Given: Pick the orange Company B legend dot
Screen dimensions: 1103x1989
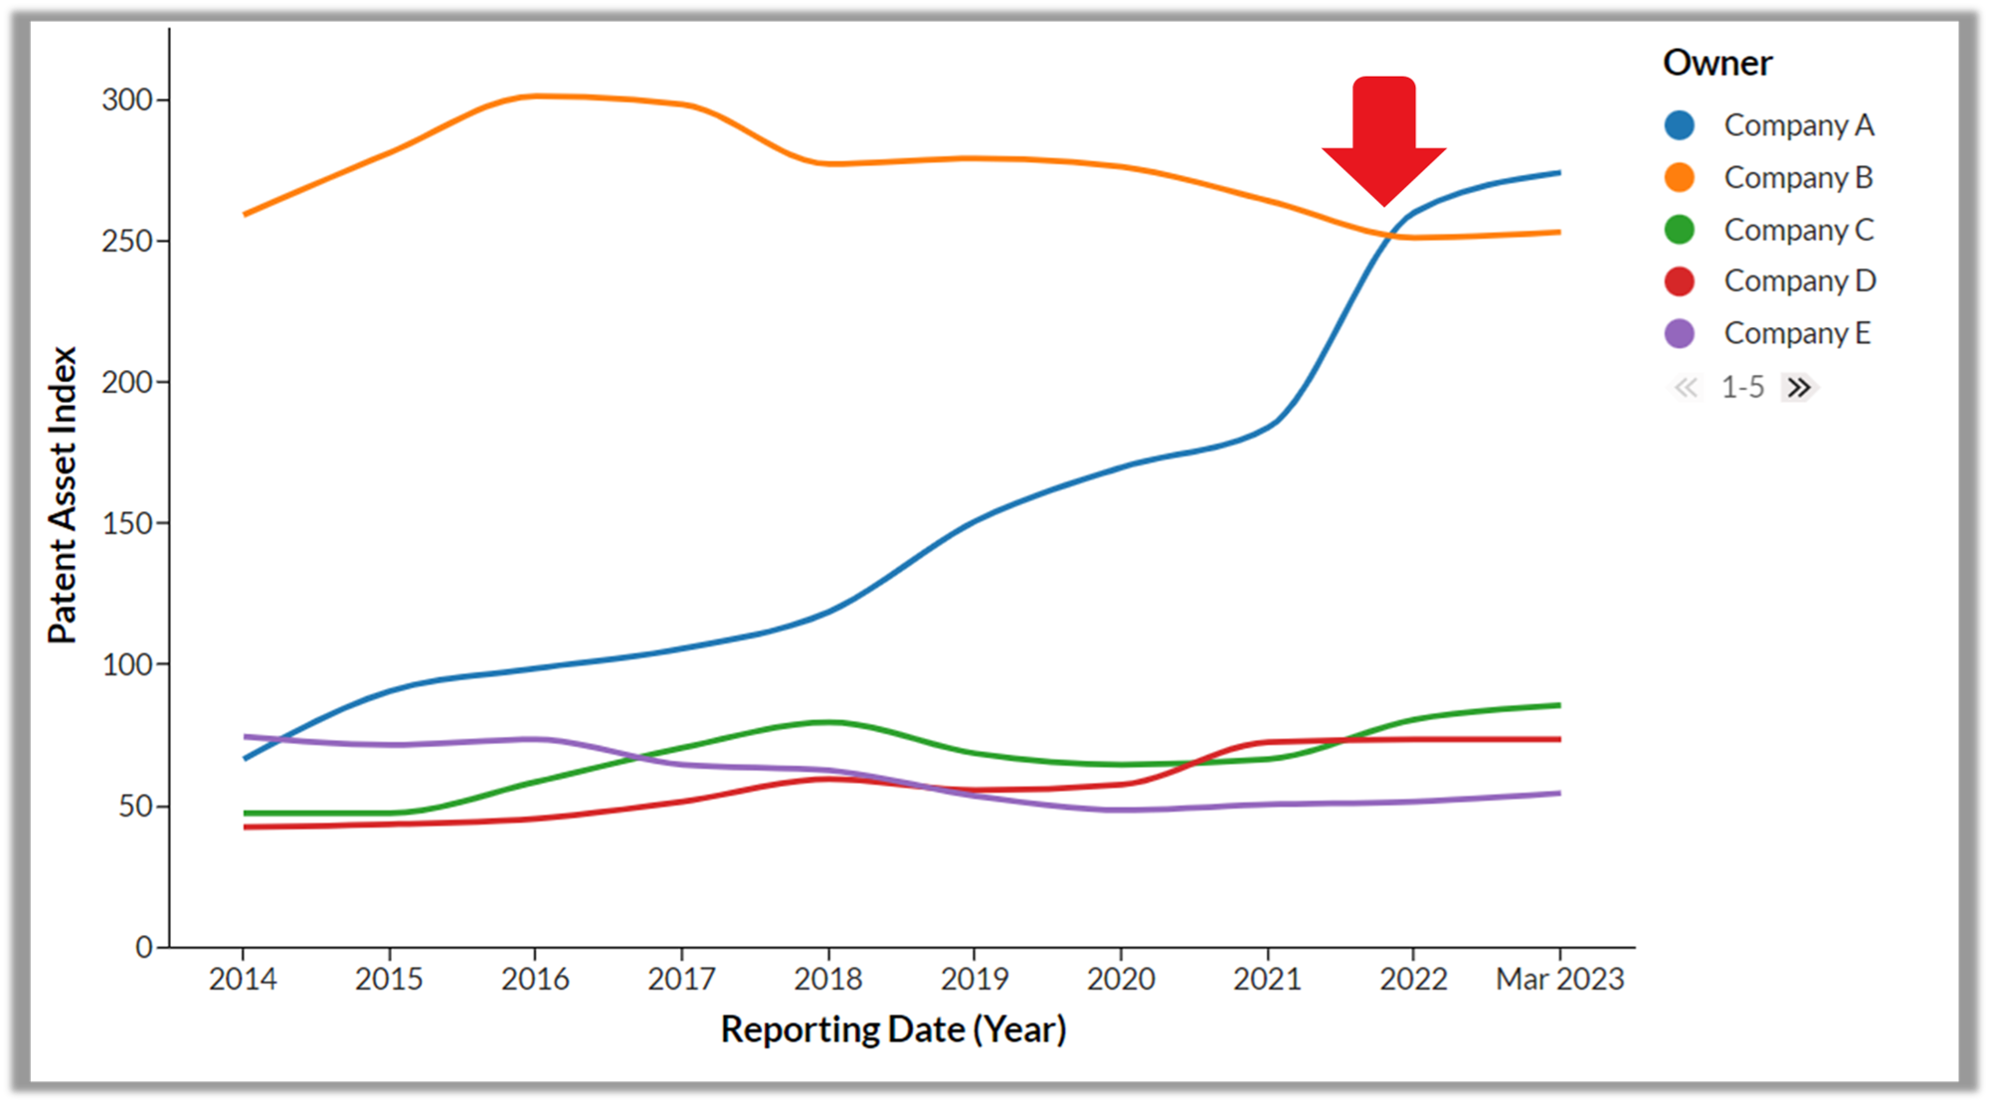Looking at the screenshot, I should [x=1680, y=178].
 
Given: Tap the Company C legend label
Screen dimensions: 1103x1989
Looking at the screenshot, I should [x=1798, y=230].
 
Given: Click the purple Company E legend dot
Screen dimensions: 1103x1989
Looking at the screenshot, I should [x=1680, y=333].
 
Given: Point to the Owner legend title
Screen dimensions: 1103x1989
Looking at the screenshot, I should [x=1717, y=63].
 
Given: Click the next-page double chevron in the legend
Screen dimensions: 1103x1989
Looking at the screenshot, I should [x=1799, y=387].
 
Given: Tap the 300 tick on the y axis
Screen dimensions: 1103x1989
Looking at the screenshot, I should [x=127, y=99].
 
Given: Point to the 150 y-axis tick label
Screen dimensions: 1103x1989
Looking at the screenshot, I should [x=127, y=523].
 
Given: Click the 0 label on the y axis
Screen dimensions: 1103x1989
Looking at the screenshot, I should [x=144, y=947].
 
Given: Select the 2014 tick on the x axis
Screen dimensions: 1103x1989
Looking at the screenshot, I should [x=243, y=979].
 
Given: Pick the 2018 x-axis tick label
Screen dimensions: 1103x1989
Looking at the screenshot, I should [x=828, y=979].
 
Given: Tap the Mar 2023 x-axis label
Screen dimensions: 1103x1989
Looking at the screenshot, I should [x=1559, y=979].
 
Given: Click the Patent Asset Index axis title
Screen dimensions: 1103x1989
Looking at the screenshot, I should [x=62, y=495].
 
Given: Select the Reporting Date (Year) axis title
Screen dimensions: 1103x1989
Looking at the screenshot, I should [x=893, y=1029].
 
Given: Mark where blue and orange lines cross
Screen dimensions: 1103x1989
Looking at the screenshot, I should [x=1389, y=236].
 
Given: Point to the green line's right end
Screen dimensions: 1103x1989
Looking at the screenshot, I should [x=1558, y=705].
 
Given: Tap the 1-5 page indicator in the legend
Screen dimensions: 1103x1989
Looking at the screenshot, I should [x=1742, y=387].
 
